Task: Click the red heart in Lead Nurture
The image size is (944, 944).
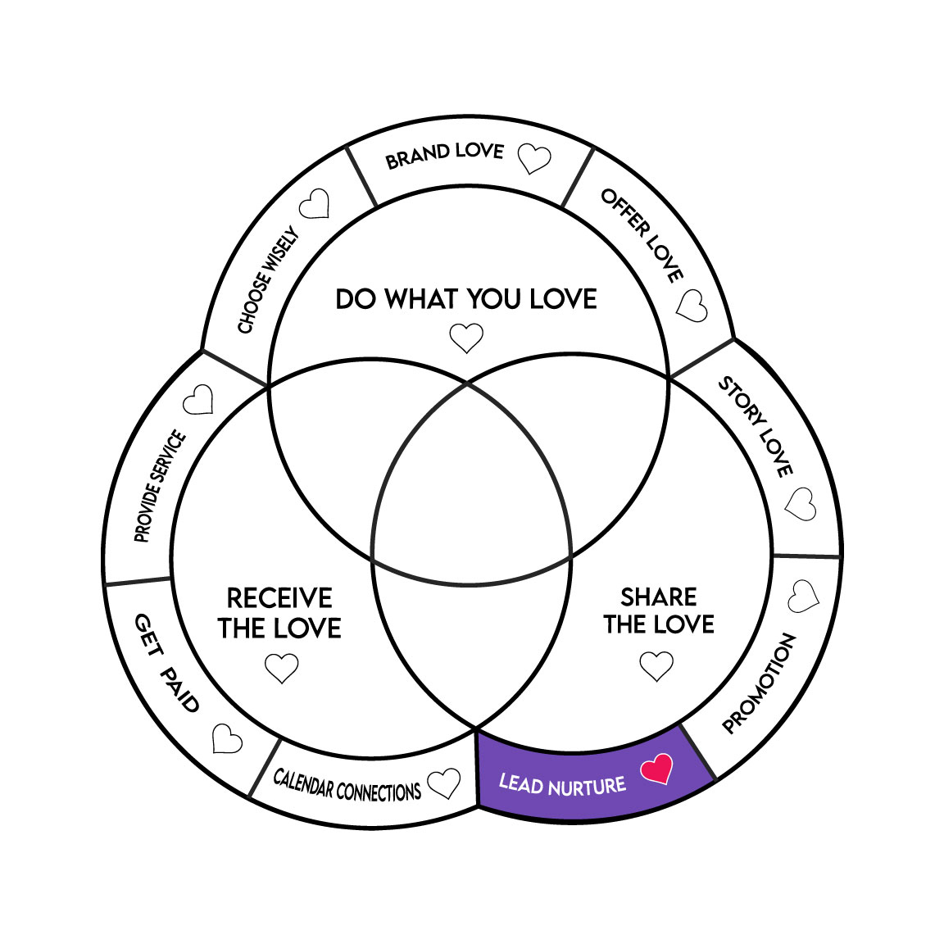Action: click(x=656, y=768)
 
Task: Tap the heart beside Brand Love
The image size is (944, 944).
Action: click(x=535, y=158)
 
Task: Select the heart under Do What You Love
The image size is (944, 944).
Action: click(x=467, y=337)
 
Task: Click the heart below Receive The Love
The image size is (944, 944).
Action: click(x=282, y=667)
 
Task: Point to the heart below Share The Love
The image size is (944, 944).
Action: click(x=656, y=665)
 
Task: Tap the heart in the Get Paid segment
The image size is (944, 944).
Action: click(x=227, y=738)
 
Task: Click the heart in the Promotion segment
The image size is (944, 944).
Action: click(x=803, y=597)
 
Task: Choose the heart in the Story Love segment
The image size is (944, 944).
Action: click(x=801, y=503)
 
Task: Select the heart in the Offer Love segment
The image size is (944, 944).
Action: click(x=692, y=306)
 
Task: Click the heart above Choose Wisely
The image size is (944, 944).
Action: click(x=314, y=204)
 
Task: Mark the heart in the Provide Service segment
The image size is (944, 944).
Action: click(x=198, y=400)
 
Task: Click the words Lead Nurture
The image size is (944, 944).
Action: click(x=562, y=786)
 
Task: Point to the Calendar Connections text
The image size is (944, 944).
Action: click(x=347, y=786)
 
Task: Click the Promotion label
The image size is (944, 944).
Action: click(x=759, y=683)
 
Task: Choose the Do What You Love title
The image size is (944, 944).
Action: click(x=466, y=299)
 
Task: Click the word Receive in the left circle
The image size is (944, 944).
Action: click(x=279, y=597)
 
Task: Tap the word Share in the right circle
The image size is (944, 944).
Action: click(x=659, y=597)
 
